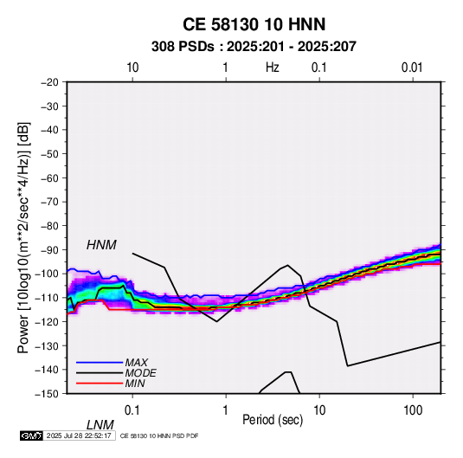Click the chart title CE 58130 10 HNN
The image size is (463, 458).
pyautogui.click(x=254, y=24)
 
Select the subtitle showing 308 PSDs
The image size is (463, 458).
pyautogui.click(x=254, y=47)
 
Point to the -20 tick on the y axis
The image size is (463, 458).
pyautogui.click(x=49, y=82)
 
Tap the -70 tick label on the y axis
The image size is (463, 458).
pyautogui.click(x=49, y=202)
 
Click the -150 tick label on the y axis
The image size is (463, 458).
pyautogui.click(x=47, y=394)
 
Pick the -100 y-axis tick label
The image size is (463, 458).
pyautogui.click(x=47, y=274)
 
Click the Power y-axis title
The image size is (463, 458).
pyautogui.click(x=23, y=237)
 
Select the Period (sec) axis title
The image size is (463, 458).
pyautogui.click(x=273, y=420)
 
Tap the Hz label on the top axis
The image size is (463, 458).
pyautogui.click(x=273, y=68)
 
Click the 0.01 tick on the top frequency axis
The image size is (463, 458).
pyautogui.click(x=412, y=68)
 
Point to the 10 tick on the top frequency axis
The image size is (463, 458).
pyautogui.click(x=132, y=68)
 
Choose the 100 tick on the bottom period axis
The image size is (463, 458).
pyautogui.click(x=413, y=410)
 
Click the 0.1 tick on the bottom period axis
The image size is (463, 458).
pyautogui.click(x=132, y=410)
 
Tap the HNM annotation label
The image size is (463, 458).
pyautogui.click(x=101, y=245)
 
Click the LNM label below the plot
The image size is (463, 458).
pyautogui.click(x=100, y=425)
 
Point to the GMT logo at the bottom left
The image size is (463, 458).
pyautogui.click(x=31, y=435)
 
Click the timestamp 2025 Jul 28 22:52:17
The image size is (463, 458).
pyautogui.click(x=79, y=435)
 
